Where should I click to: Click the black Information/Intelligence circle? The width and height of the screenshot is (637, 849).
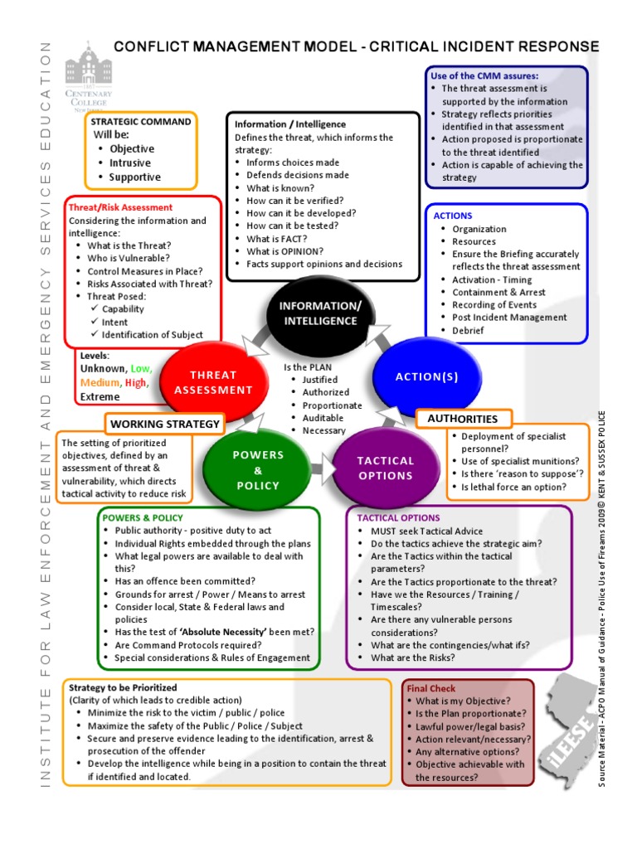point(318,313)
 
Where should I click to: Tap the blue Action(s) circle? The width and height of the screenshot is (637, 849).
point(426,376)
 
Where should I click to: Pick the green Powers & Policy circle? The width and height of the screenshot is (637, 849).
point(258,469)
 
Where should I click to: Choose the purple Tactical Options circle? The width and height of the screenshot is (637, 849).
point(386,468)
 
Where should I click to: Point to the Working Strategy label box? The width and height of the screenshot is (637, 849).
point(165,424)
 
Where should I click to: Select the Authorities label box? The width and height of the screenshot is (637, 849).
point(462,419)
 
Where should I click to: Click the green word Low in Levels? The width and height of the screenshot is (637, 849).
point(142,368)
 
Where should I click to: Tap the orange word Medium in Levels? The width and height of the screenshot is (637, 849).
point(100,382)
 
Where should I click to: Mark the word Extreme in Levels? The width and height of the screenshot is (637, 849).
point(100,396)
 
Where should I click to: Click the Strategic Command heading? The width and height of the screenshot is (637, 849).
point(141,121)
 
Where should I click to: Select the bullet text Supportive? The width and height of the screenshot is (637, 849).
point(134,177)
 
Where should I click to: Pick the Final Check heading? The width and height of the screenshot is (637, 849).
point(430,688)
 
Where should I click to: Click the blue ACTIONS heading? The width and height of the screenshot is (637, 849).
point(453,216)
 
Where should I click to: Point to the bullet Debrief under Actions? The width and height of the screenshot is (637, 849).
point(467,330)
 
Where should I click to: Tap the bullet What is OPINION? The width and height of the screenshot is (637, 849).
point(284,251)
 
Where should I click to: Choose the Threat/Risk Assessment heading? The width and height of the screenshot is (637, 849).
point(120,207)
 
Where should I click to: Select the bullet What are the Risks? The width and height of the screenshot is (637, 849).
point(412,657)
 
